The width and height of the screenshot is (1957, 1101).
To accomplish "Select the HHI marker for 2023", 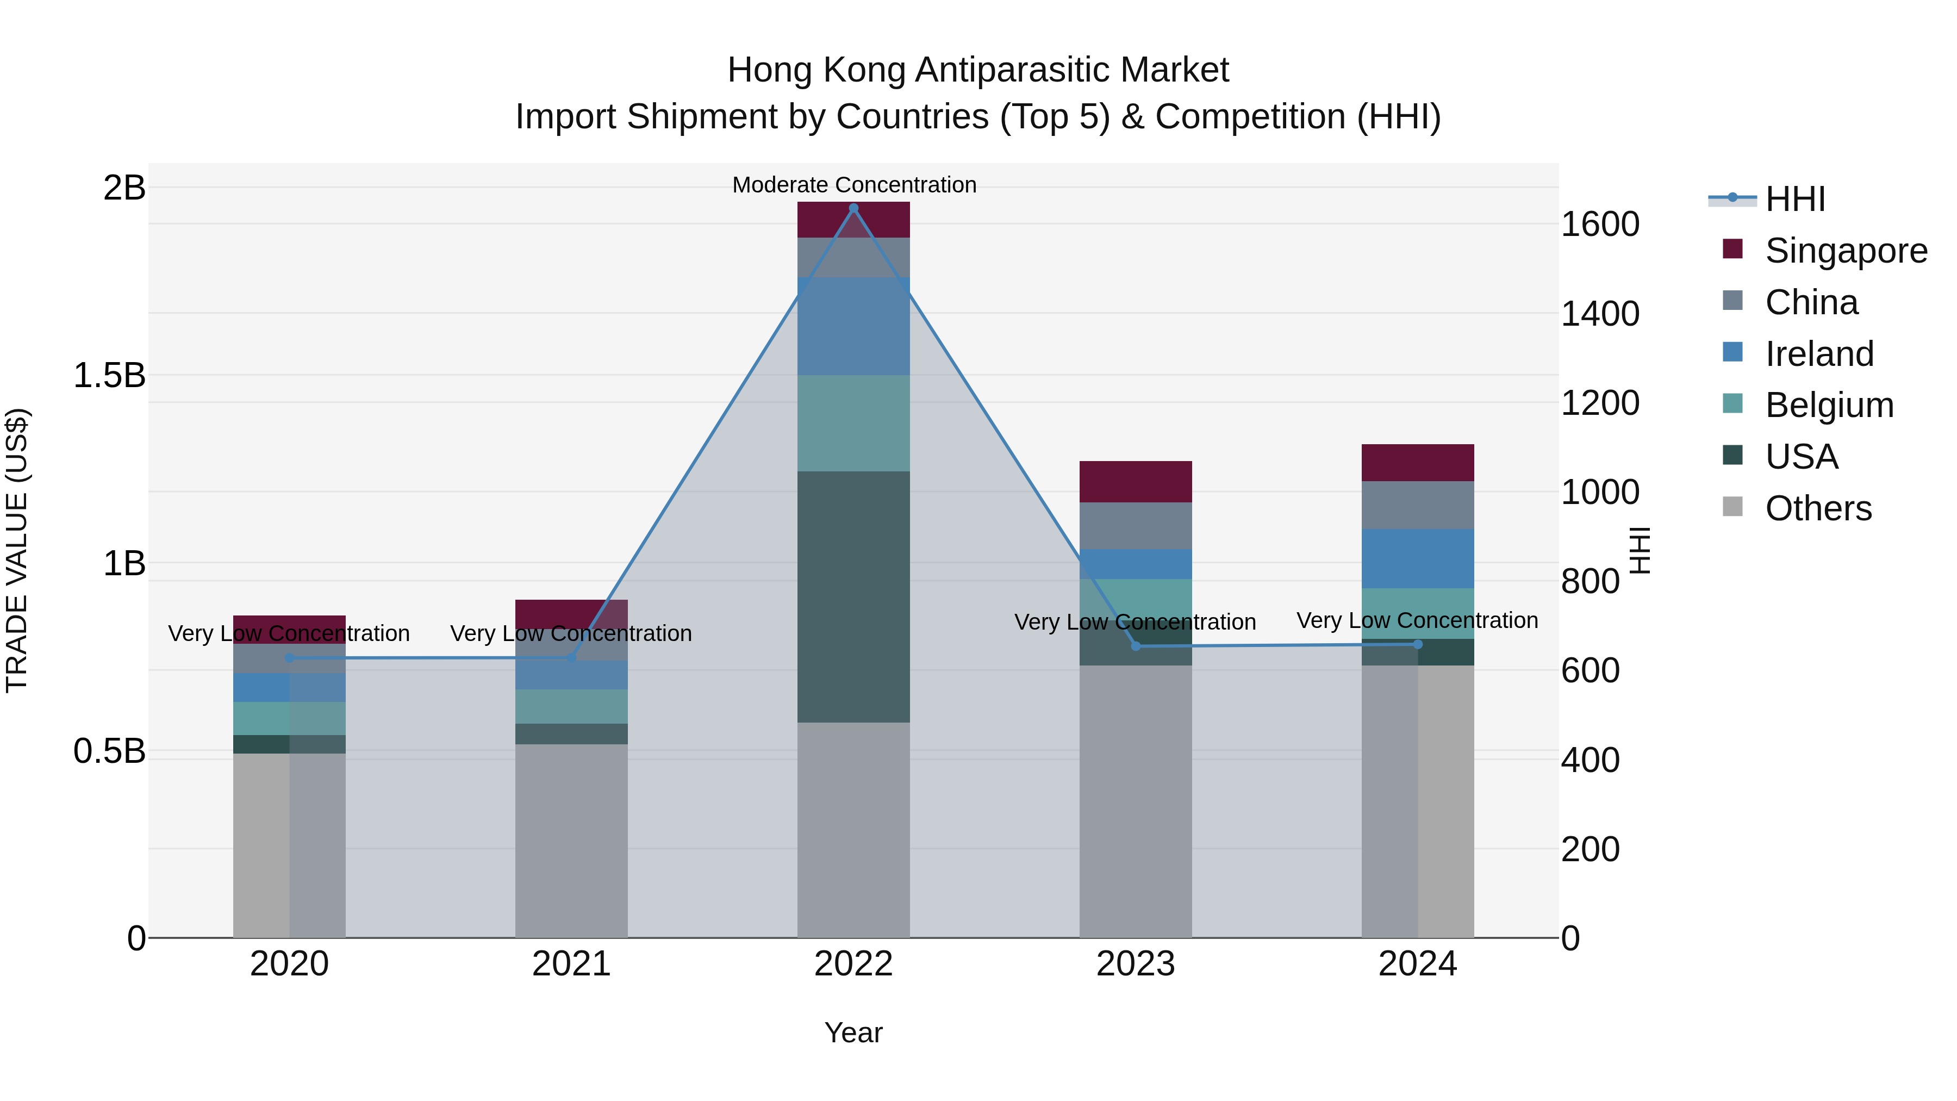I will (1136, 646).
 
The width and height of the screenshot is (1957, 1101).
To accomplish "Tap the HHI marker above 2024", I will (1418, 644).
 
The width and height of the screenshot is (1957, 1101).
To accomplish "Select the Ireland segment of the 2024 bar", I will (1418, 558).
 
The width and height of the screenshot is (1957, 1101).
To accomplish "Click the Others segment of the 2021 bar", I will (571, 839).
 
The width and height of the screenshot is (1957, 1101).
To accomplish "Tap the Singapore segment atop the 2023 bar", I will (1136, 482).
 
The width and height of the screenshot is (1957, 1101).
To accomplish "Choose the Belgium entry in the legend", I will (1829, 405).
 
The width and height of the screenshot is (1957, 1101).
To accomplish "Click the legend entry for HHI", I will (1795, 199).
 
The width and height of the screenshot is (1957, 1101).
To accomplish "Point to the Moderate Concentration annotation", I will (854, 185).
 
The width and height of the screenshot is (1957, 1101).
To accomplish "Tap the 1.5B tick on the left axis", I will (109, 375).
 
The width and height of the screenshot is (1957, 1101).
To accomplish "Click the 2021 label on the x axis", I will (571, 964).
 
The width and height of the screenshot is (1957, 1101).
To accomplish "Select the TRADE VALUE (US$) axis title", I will (17, 550).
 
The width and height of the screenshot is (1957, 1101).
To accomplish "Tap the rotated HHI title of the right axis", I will (1641, 550).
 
